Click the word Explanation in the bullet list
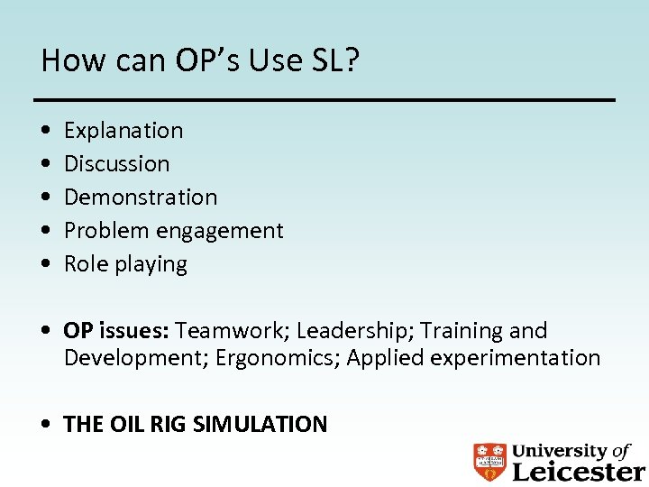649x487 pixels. point(123,131)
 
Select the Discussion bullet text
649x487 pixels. point(116,164)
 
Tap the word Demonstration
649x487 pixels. point(141,198)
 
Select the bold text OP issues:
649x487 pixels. point(117,331)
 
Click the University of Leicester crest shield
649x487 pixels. point(489,462)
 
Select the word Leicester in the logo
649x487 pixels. point(578,471)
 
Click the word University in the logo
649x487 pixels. point(559,450)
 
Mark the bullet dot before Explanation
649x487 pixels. point(45,131)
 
